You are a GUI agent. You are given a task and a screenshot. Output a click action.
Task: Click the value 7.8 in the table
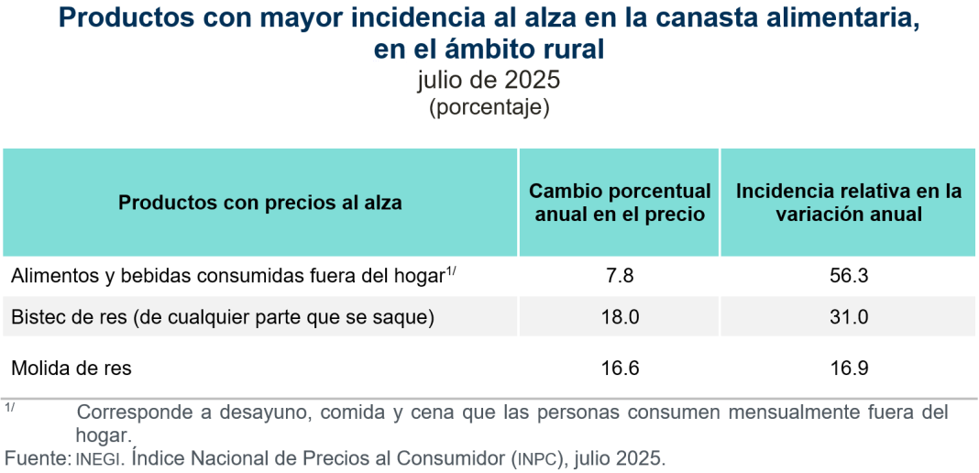[x=620, y=275]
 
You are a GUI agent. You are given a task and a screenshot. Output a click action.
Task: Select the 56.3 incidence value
[x=848, y=275]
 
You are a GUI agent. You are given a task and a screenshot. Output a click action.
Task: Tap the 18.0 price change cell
[x=620, y=317]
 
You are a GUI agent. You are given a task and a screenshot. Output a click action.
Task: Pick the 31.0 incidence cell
[x=848, y=317]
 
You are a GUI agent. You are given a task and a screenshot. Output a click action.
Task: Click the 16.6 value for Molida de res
[x=620, y=368]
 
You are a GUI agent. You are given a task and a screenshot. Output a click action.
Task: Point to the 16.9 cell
[x=848, y=368]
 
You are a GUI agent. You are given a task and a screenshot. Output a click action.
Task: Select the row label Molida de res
[x=71, y=368]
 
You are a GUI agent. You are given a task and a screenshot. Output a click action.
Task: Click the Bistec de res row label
[x=222, y=317]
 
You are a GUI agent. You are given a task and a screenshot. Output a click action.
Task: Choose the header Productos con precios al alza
[x=260, y=203]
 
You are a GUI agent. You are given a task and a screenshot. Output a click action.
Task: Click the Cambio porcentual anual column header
[x=620, y=203]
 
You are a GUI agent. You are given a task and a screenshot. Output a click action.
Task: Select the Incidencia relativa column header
[x=848, y=203]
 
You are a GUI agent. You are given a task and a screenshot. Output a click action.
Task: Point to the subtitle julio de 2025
[x=489, y=80]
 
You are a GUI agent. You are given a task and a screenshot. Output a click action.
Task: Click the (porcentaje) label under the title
[x=489, y=106]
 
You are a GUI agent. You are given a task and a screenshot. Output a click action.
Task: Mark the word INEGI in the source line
[x=98, y=458]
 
